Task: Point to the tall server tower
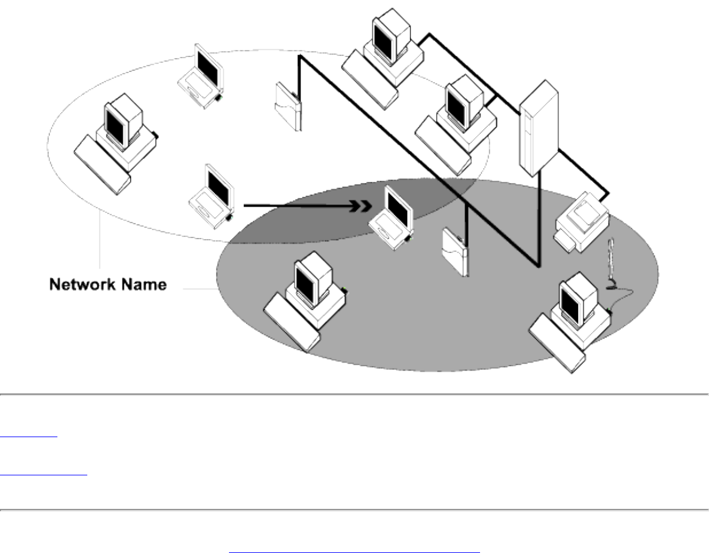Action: pos(538,128)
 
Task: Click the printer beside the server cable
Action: pos(580,224)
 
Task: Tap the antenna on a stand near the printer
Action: pos(610,263)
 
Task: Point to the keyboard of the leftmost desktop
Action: pos(102,164)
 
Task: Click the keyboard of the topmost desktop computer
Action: pos(370,77)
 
